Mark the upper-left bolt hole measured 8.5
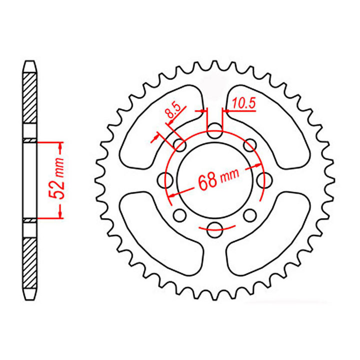[179, 145]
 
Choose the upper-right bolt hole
[249, 145]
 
